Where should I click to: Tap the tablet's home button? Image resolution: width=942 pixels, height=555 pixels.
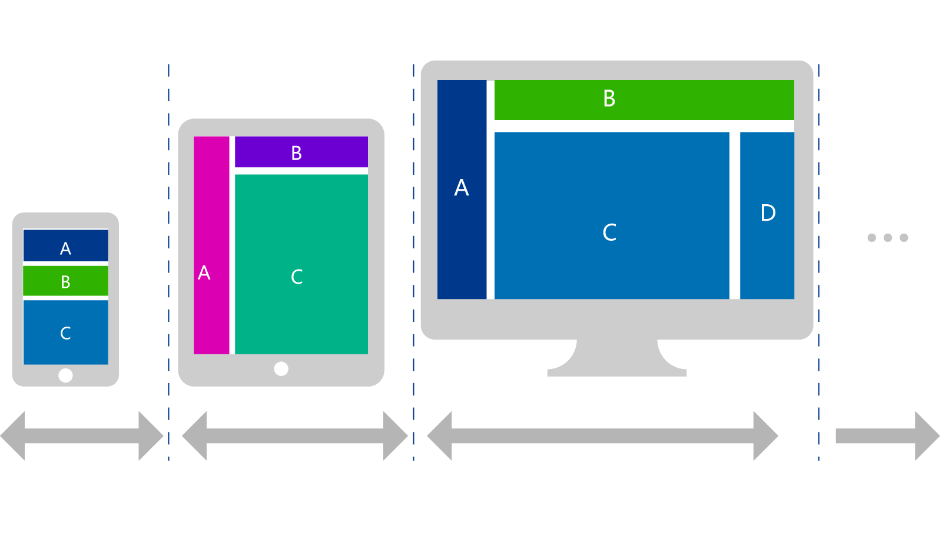click(x=281, y=368)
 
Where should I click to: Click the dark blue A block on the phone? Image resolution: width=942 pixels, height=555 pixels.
click(x=65, y=245)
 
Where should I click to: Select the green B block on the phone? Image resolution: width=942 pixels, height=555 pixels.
click(x=65, y=281)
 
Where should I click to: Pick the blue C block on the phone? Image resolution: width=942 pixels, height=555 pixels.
click(x=65, y=332)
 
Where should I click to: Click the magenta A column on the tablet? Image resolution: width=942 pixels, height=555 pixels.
click(x=211, y=245)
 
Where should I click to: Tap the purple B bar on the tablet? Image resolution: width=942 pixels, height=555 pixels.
click(x=301, y=152)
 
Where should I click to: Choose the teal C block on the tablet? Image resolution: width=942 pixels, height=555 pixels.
click(x=301, y=264)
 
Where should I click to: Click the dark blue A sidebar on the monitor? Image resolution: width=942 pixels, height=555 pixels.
click(x=462, y=189)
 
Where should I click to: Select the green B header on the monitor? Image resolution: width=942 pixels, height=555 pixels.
click(x=644, y=99)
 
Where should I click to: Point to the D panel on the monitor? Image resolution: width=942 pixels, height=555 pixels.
click(x=767, y=215)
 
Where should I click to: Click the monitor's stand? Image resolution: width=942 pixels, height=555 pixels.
click(x=616, y=360)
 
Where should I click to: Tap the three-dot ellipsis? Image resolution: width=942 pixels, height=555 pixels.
click(x=887, y=238)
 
